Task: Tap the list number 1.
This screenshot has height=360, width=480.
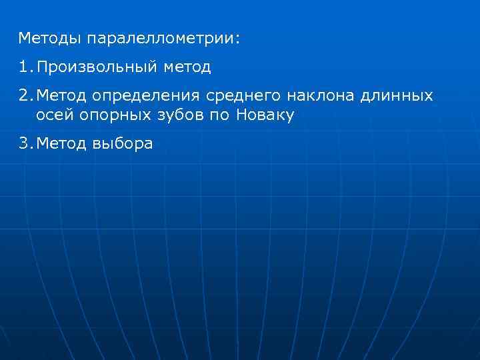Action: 23,67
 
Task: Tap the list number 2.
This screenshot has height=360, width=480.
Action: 23,96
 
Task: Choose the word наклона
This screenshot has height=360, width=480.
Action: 322,96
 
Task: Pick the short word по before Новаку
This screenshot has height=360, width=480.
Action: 221,115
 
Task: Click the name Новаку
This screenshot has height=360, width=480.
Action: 265,115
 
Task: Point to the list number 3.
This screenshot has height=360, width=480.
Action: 23,144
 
